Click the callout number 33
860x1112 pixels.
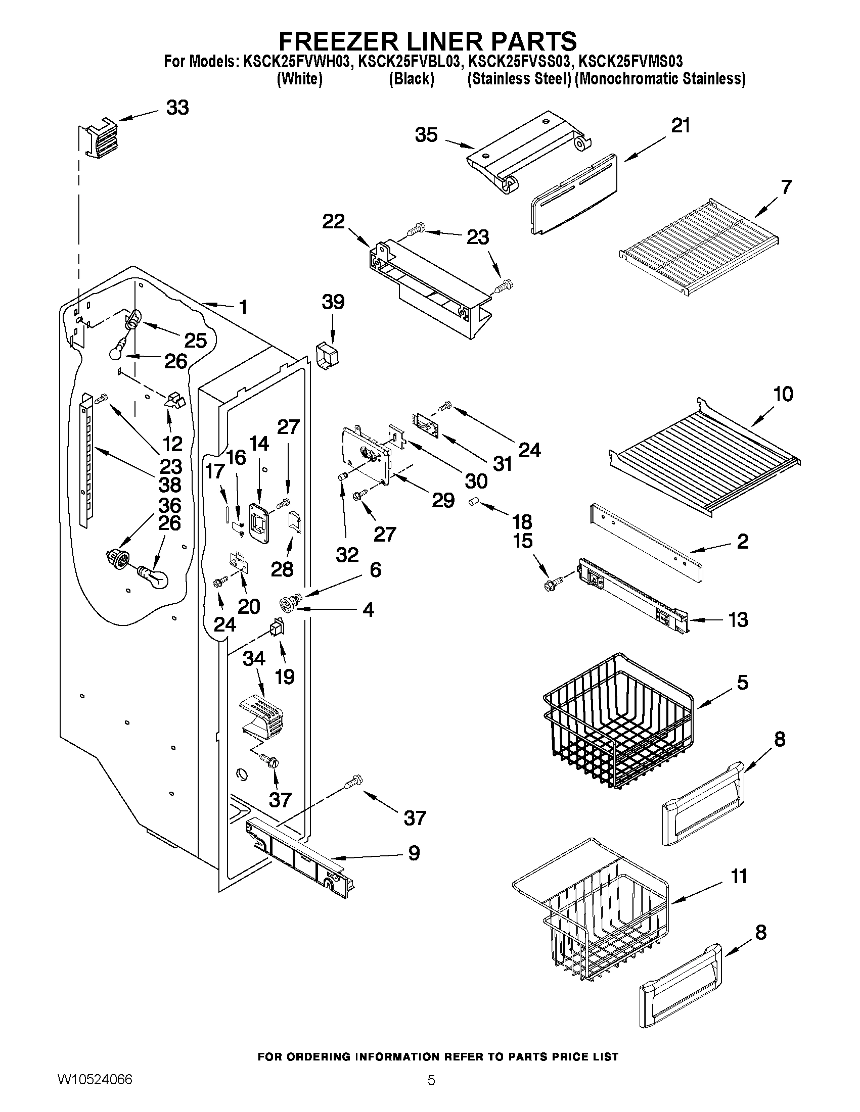(177, 108)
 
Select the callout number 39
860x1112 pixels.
(333, 302)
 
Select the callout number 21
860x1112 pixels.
(680, 125)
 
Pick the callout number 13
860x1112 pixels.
(738, 619)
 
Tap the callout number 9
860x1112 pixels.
(414, 853)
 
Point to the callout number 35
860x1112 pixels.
(426, 135)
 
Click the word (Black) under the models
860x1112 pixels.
(411, 79)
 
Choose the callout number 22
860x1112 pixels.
(333, 221)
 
